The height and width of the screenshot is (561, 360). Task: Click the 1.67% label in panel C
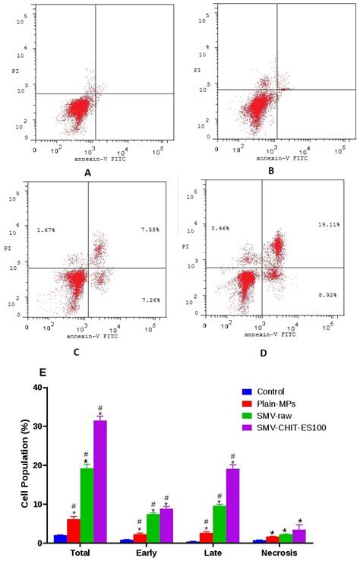(46, 228)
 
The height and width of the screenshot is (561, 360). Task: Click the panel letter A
(88, 173)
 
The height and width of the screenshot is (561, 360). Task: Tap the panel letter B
(271, 171)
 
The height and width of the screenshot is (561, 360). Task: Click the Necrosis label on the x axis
(287, 553)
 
